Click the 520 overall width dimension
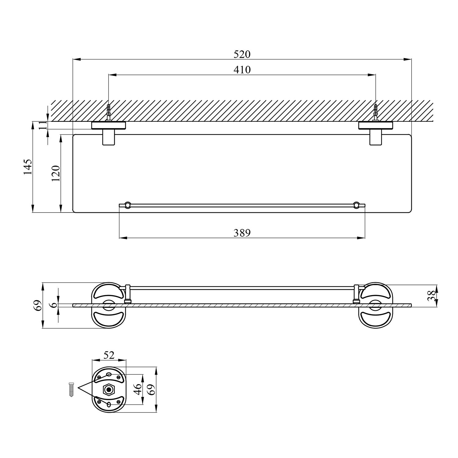pos(242,54)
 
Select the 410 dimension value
pos(242,70)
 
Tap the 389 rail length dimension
pos(242,233)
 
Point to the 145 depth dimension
pos(28,167)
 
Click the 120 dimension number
pos(56,173)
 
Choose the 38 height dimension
pos(431,296)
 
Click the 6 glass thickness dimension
pos(55,305)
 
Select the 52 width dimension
pos(109,355)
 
